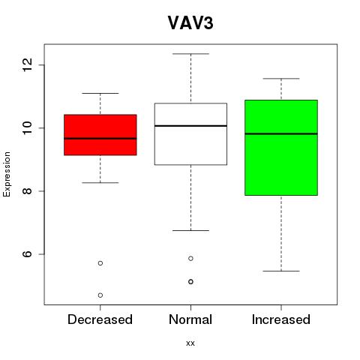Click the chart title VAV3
[190, 23]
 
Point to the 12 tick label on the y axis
[27, 64]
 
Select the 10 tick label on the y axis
[27, 128]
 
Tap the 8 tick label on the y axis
[27, 191]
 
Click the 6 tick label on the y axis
[27, 254]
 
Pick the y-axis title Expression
[7, 174]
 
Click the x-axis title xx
[190, 343]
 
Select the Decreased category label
[100, 319]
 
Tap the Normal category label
[190, 319]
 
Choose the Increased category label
[281, 319]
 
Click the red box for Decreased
[100, 135]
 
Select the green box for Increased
[281, 148]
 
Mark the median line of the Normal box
[190, 126]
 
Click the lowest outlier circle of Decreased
[100, 295]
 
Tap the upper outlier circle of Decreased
[100, 263]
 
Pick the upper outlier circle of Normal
[190, 259]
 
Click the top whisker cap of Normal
[190, 54]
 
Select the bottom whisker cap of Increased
[281, 271]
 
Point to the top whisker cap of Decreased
[100, 93]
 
